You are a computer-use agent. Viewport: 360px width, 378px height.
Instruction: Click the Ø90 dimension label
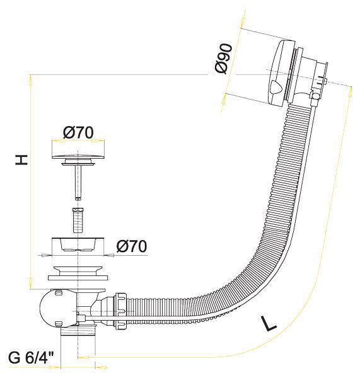(224, 59)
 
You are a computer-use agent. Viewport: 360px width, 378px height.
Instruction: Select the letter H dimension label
(21, 159)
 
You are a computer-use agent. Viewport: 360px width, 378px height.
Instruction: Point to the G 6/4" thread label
(31, 358)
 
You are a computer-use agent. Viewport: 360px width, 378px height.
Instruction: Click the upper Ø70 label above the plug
(78, 132)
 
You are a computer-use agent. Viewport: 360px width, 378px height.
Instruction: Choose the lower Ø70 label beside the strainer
(132, 246)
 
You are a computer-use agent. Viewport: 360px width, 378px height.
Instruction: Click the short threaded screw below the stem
(78, 220)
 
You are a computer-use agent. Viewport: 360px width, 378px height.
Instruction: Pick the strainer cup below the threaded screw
(78, 244)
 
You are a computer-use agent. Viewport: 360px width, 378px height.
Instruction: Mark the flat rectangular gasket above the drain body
(78, 278)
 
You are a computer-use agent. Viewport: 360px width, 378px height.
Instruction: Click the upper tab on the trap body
(59, 293)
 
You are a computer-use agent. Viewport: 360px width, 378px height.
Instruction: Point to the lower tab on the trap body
(59, 324)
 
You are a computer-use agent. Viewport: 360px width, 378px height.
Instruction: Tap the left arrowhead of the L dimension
(84, 357)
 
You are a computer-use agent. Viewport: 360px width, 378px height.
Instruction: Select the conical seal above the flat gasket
(78, 270)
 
